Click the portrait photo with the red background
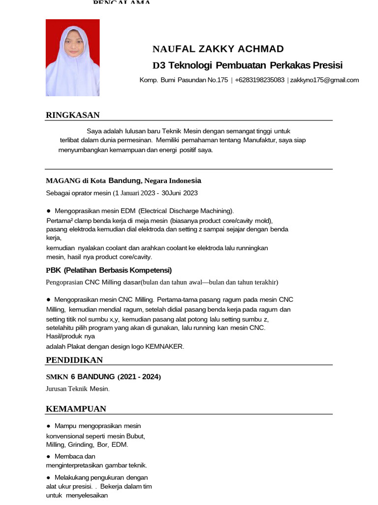click(72, 58)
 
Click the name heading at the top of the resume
click(218, 49)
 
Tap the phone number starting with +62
click(259, 80)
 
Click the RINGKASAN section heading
click(73, 115)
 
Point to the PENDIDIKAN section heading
click(74, 360)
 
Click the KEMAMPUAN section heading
click(76, 409)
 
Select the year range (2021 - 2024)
click(139, 377)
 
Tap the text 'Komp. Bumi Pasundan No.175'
click(184, 80)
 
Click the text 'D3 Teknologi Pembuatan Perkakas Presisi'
click(248, 66)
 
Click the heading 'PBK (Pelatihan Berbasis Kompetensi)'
click(109, 270)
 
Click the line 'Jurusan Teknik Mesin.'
click(78, 389)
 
